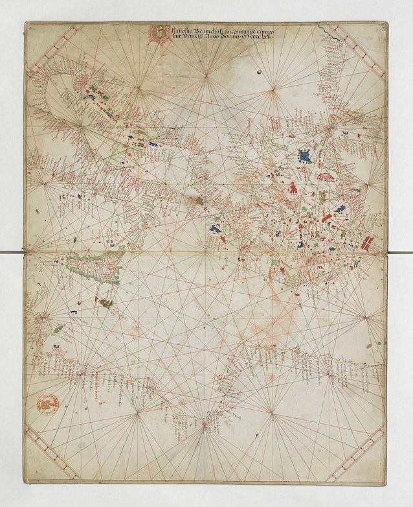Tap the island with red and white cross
click(366, 243)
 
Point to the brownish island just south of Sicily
click(106, 302)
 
